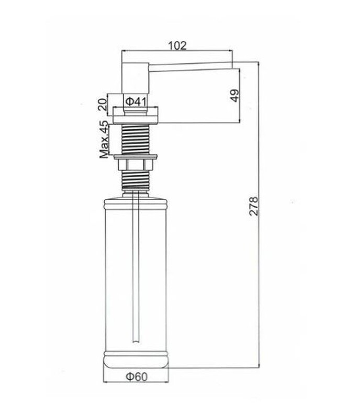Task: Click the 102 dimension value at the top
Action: [177, 46]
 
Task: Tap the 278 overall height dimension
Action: [254, 206]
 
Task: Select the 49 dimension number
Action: [234, 95]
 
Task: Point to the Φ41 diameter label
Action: [136, 101]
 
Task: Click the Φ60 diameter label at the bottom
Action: [137, 377]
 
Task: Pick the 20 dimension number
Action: [102, 104]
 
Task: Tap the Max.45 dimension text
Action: [104, 140]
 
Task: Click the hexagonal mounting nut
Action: [135, 164]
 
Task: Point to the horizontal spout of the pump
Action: [190, 66]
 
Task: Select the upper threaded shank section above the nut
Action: [135, 139]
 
